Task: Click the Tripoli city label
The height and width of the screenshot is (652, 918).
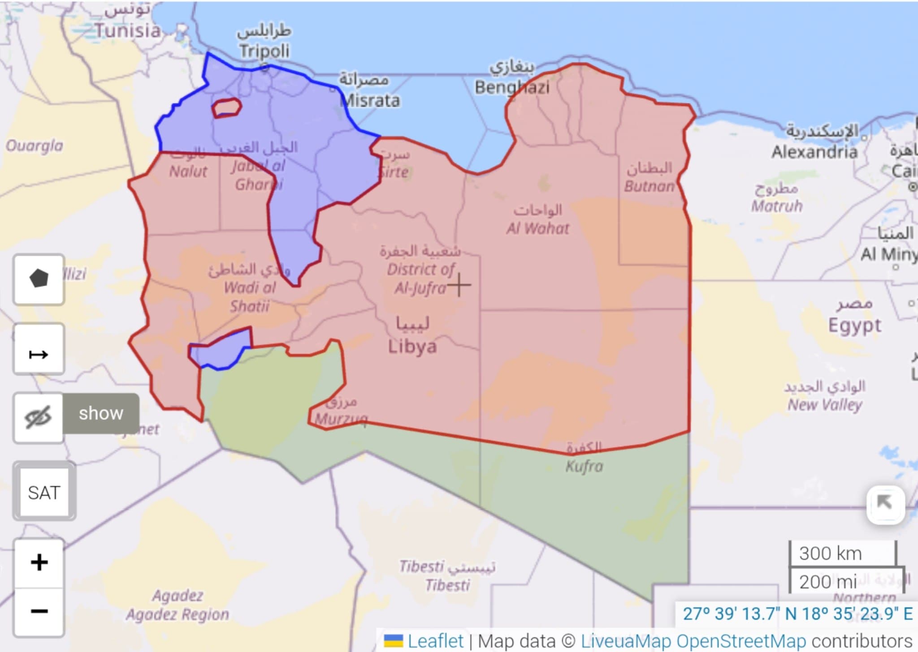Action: pyautogui.click(x=264, y=51)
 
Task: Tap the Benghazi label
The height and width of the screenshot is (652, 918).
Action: pyautogui.click(x=512, y=87)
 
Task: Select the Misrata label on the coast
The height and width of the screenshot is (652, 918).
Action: pyautogui.click(x=370, y=100)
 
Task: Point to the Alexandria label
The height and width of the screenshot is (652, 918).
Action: pyautogui.click(x=814, y=152)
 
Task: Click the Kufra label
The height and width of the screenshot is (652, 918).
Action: pyautogui.click(x=584, y=466)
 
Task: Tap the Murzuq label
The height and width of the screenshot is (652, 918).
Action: pyautogui.click(x=341, y=419)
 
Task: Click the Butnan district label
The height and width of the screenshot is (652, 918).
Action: pyautogui.click(x=649, y=186)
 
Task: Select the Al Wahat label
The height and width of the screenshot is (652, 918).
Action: pyautogui.click(x=537, y=228)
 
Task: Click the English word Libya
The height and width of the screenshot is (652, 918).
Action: pyautogui.click(x=412, y=347)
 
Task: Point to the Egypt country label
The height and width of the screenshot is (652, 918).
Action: pyautogui.click(x=854, y=325)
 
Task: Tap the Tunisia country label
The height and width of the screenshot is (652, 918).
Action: pyautogui.click(x=128, y=31)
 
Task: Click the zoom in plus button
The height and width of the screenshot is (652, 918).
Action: pyautogui.click(x=39, y=562)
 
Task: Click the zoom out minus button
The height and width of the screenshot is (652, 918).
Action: pyautogui.click(x=39, y=611)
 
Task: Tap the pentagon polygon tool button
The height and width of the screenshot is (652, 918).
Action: pyautogui.click(x=39, y=279)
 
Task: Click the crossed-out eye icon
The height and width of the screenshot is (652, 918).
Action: pyautogui.click(x=39, y=418)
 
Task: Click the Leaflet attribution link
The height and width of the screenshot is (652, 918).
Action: pyautogui.click(x=435, y=641)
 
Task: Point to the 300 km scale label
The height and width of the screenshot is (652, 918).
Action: pyautogui.click(x=830, y=553)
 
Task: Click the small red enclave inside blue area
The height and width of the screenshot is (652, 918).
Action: pyautogui.click(x=226, y=108)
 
